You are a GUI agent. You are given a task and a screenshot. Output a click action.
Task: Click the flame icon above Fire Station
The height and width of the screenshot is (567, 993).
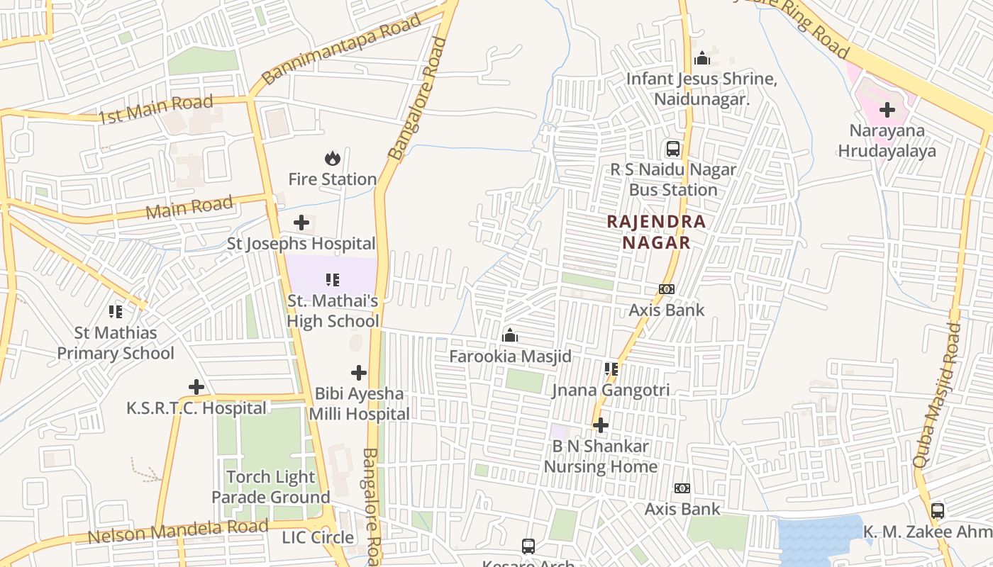pyautogui.click(x=332, y=158)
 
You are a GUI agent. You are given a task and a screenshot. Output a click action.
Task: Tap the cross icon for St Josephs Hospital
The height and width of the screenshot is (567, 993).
pyautogui.click(x=301, y=223)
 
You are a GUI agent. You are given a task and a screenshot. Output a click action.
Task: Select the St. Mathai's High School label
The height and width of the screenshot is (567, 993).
pyautogui.click(x=333, y=311)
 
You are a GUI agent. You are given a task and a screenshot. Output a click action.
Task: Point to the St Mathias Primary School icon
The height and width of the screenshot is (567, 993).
pyautogui.click(x=116, y=311)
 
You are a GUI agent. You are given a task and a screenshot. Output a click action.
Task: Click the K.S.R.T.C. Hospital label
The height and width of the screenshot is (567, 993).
pyautogui.click(x=196, y=408)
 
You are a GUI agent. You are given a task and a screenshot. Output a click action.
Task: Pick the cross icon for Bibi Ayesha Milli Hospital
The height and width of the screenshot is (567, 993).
pyautogui.click(x=359, y=372)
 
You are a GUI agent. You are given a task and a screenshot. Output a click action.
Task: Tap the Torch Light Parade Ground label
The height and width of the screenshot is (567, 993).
pyautogui.click(x=271, y=487)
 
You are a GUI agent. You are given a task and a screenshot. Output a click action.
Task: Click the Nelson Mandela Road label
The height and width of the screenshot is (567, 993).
pyautogui.click(x=177, y=531)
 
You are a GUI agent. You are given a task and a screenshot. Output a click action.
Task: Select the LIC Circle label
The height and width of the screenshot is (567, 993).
pyautogui.click(x=318, y=537)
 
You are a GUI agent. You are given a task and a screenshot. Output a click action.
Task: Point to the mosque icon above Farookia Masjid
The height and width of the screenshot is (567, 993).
pyautogui.click(x=510, y=335)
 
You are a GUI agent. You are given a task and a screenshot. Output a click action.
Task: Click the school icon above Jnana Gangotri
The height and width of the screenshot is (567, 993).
pyautogui.click(x=611, y=369)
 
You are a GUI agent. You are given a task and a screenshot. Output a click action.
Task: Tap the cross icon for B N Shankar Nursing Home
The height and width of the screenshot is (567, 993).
pyautogui.click(x=601, y=425)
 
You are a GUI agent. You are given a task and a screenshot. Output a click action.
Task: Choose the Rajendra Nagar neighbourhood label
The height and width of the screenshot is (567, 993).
pyautogui.click(x=656, y=232)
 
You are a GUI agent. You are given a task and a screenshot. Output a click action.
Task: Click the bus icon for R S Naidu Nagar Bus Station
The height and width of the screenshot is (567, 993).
pyautogui.click(x=673, y=149)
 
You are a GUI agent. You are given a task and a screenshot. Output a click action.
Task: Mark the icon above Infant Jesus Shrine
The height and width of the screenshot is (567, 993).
pyautogui.click(x=702, y=58)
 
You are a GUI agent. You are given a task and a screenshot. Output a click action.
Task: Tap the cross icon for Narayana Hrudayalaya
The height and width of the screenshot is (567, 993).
pyautogui.click(x=887, y=110)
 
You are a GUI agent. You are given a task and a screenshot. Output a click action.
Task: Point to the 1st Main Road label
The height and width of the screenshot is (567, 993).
pyautogui.click(x=155, y=110)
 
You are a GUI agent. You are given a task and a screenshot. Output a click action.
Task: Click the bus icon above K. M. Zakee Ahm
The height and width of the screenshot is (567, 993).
pyautogui.click(x=937, y=510)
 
